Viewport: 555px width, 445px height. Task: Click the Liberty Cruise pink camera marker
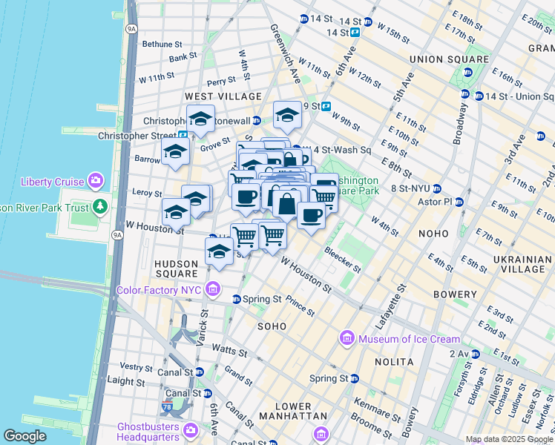[96, 181]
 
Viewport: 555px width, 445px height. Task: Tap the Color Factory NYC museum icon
[214, 289]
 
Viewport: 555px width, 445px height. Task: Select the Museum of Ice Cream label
[409, 339]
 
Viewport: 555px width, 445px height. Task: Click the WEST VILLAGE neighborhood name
[223, 96]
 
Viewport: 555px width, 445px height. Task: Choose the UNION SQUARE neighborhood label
[449, 59]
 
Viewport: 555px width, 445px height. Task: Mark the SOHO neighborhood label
[272, 326]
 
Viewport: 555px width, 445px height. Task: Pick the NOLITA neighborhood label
[395, 362]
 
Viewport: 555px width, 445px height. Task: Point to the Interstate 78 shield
[167, 406]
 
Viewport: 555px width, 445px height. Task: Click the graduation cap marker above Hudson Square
[219, 251]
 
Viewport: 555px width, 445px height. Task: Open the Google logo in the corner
[24, 436]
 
